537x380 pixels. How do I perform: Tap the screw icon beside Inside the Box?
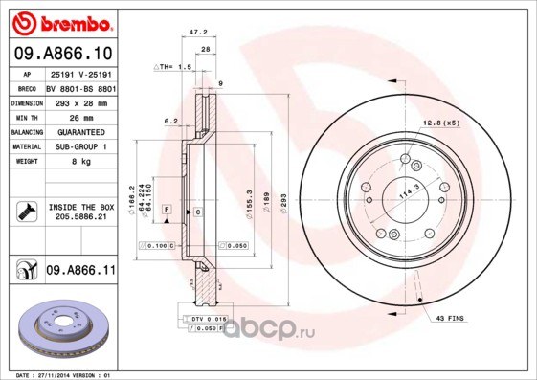coord(27,212)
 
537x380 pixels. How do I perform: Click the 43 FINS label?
coord(450,317)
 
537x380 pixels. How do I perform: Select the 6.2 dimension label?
coord(171,121)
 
